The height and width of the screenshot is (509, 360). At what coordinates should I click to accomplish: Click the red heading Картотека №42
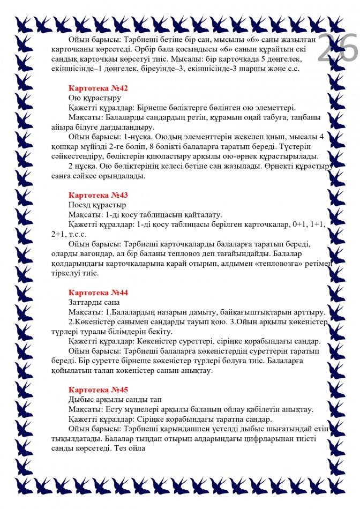pyautogui.click(x=99, y=88)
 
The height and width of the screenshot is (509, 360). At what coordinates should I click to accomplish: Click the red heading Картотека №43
pyautogui.click(x=99, y=195)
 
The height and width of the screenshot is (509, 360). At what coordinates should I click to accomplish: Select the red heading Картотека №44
pyautogui.click(x=99, y=293)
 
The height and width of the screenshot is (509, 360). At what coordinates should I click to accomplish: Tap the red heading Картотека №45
pyautogui.click(x=99, y=390)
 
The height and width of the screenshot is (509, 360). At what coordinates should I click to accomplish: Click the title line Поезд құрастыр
pyautogui.click(x=97, y=205)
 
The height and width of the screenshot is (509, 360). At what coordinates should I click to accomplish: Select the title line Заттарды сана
pyautogui.click(x=95, y=303)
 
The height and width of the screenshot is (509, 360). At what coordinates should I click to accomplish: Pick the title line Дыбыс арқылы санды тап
pyautogui.click(x=115, y=400)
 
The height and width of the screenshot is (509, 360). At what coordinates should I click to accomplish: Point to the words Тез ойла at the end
pyautogui.click(x=124, y=448)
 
